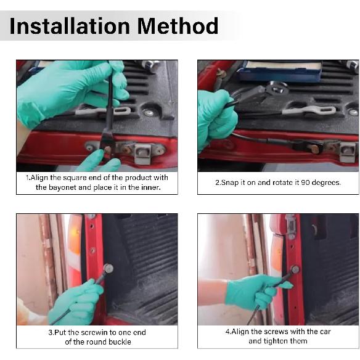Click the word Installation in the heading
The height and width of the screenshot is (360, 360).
pos(70,26)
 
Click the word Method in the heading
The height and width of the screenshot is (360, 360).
pos(178,26)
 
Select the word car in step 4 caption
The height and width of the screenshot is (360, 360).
pos(325,332)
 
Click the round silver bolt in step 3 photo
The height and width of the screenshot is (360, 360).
pos(108,268)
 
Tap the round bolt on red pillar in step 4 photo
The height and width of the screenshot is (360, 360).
pos(295,269)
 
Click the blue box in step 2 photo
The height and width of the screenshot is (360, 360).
pos(279,71)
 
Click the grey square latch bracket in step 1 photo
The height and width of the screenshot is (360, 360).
pos(143,153)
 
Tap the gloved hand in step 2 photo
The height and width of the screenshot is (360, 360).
pos(215,119)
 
